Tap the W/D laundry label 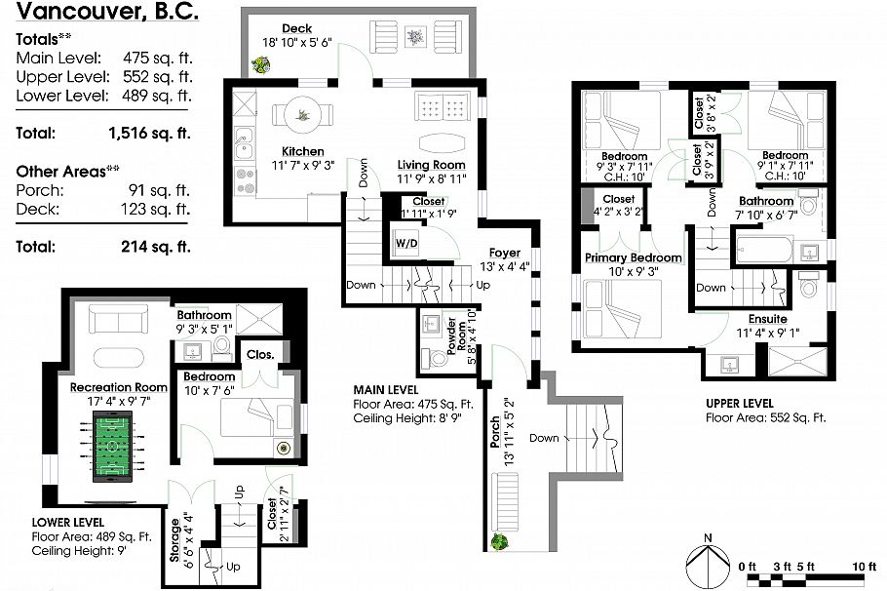(x=406, y=243)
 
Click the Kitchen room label (x=302, y=152)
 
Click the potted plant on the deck (x=260, y=66)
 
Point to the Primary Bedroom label (x=633, y=257)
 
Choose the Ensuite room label (x=767, y=319)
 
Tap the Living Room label (x=431, y=165)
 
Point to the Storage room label (x=175, y=541)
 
